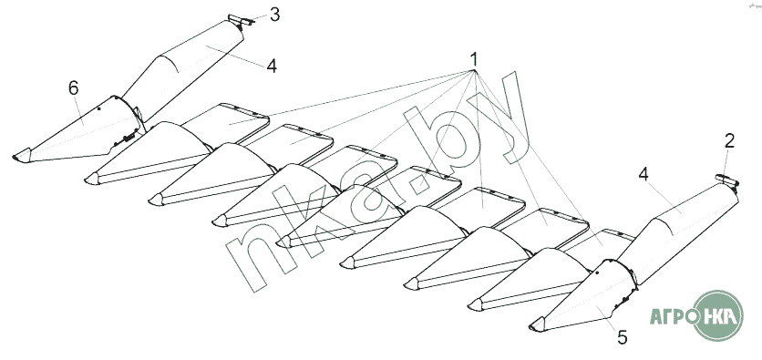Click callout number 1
pos(473,60)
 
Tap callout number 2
pos(729,141)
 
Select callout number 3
pos(274,15)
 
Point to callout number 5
pos(622,337)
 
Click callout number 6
pos(74,87)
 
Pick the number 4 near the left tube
pos(272,66)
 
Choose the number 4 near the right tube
pos(644,174)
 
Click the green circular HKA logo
pos(718,315)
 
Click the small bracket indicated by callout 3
pos(241,20)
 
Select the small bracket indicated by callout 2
pos(727,180)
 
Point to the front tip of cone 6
pos(14,158)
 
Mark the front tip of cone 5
pos(530,327)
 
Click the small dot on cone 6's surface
pos(98,108)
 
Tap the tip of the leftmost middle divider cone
pos(87,180)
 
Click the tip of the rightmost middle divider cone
pos(469,306)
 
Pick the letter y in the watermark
pos(500,120)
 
